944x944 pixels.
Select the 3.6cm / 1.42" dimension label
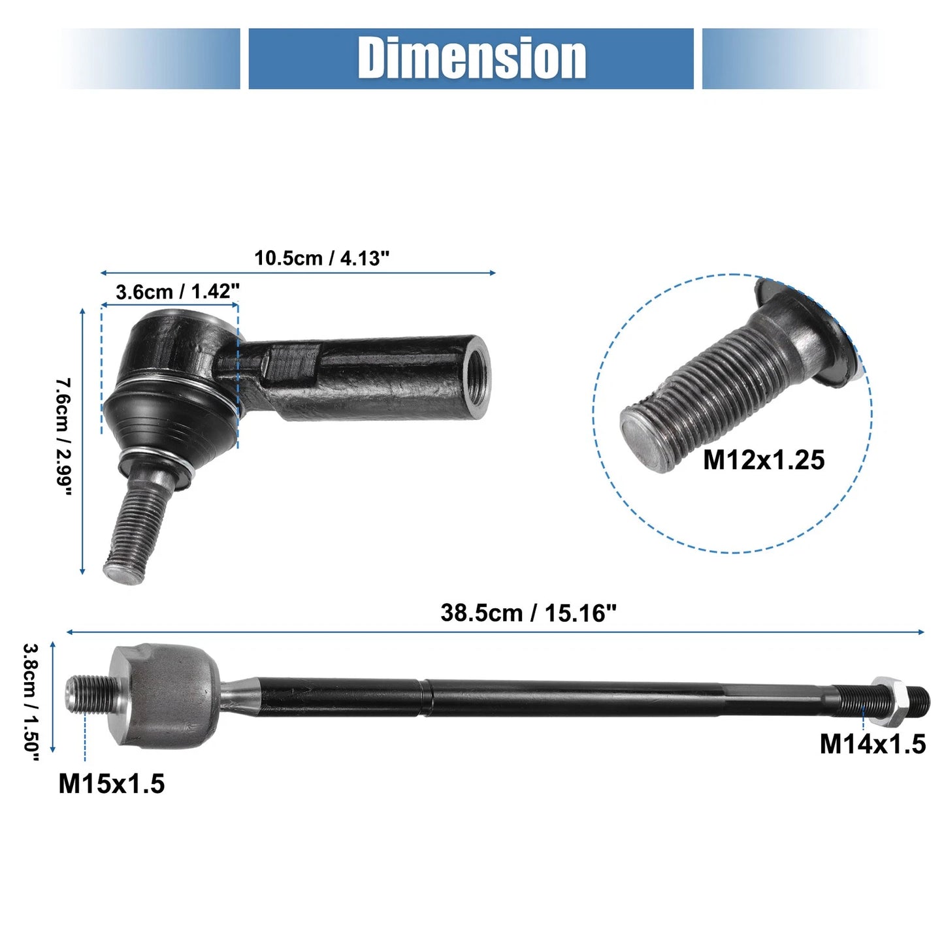pos(177,291)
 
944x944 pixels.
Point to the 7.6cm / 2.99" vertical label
pos(63,436)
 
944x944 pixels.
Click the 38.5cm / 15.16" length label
pos(528,613)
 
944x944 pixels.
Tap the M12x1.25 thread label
pos(764,460)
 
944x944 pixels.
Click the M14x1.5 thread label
pos(873,744)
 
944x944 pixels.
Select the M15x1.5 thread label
pos(112,783)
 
